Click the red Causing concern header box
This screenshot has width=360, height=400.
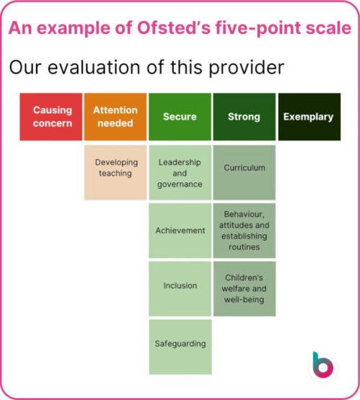click(x=51, y=116)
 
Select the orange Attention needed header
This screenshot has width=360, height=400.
click(x=115, y=116)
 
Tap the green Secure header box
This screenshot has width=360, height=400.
click(x=180, y=116)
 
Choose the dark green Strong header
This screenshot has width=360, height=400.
click(x=244, y=116)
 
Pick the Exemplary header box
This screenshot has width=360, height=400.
click(x=308, y=116)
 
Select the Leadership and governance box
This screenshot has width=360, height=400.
click(x=180, y=173)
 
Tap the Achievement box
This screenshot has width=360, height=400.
click(x=180, y=231)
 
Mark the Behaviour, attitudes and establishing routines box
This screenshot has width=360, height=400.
click(x=244, y=231)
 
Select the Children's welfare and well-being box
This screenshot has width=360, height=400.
click(x=244, y=288)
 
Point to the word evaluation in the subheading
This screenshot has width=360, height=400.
click(x=94, y=68)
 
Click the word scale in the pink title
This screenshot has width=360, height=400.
click(x=328, y=28)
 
